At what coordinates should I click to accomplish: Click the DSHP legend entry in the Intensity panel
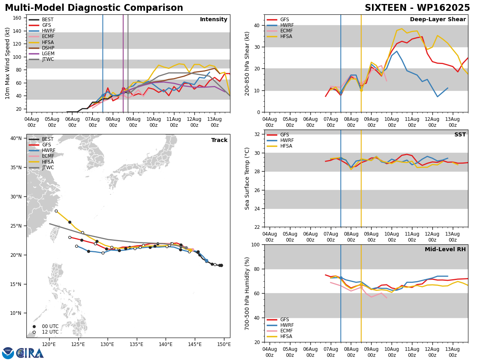pos(41,48)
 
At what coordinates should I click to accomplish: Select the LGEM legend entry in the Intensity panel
pos(42,54)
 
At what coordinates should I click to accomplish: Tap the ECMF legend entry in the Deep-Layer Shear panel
pos(280,31)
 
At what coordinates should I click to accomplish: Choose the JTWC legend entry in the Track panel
pos(41,168)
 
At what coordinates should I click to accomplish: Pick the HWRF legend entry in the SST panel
pos(280,140)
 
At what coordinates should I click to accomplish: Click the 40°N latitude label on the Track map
pos(16,138)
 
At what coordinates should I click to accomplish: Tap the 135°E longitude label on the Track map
pos(137,344)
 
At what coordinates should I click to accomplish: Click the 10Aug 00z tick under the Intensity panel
pos(154,122)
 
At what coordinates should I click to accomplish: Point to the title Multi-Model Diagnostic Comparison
pos(94,8)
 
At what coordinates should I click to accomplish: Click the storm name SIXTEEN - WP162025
pos(417,8)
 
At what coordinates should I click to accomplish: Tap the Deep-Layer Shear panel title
pos(438,19)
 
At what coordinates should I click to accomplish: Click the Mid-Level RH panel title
pos(445,249)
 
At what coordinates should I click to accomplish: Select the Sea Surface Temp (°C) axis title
pos(247,178)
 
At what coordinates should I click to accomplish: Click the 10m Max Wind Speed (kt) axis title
pos(7,63)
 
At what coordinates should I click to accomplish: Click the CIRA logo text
pos(30,353)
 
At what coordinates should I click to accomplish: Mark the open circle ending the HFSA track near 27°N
pos(56,211)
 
